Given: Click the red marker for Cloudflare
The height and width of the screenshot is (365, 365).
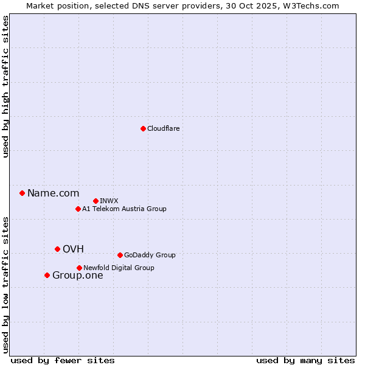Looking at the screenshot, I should pyautogui.click(x=143, y=128).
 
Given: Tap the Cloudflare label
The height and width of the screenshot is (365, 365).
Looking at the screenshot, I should pyautogui.click(x=163, y=128).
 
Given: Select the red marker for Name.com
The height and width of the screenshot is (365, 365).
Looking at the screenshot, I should pyautogui.click(x=22, y=193).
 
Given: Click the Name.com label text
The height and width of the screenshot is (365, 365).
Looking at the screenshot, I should pyautogui.click(x=53, y=193).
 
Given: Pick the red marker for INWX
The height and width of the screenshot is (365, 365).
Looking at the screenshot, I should pyautogui.click(x=96, y=201).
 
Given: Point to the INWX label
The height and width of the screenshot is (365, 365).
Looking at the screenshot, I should pyautogui.click(x=109, y=201).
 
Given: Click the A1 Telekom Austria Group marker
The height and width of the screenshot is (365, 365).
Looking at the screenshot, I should pyautogui.click(x=78, y=209).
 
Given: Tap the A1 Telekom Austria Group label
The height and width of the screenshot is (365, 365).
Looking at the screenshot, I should pyautogui.click(x=124, y=209).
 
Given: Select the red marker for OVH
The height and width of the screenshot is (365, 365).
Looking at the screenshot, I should pyautogui.click(x=57, y=249).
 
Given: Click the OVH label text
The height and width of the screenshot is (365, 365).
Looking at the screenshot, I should pyautogui.click(x=73, y=249).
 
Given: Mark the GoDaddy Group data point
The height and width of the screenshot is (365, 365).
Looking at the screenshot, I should pyautogui.click(x=120, y=255).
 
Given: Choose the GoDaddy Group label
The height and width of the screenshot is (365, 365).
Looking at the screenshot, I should pyautogui.click(x=149, y=255).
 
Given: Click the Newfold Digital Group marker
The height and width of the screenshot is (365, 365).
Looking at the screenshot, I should pyautogui.click(x=79, y=268).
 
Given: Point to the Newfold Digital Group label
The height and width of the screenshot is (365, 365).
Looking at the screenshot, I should pyautogui.click(x=119, y=268).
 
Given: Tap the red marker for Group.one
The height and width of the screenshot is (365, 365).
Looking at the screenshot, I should pyautogui.click(x=47, y=275).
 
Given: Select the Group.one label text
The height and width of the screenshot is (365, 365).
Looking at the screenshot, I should pyautogui.click(x=77, y=276).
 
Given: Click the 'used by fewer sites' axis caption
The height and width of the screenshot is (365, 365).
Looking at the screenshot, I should pyautogui.click(x=63, y=360).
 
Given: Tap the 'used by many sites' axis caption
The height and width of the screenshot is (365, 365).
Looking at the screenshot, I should pyautogui.click(x=305, y=360).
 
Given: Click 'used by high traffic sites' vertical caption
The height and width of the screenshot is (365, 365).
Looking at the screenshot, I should pyautogui.click(x=5, y=86).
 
